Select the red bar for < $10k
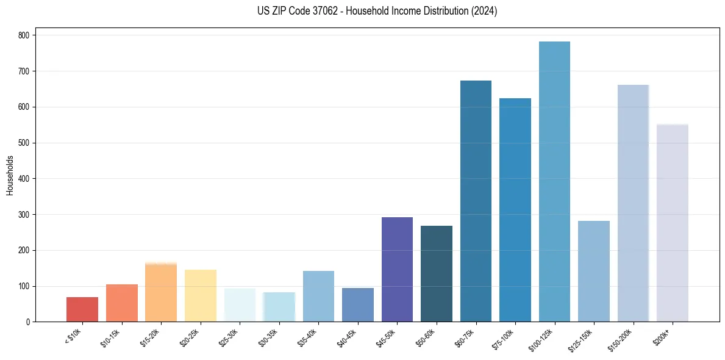[82, 309]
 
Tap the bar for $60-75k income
[476, 201]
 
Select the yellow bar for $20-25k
[201, 296]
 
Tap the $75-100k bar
[515, 210]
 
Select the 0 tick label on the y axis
[28, 322]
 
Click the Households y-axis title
[10, 175]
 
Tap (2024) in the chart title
[485, 11]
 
